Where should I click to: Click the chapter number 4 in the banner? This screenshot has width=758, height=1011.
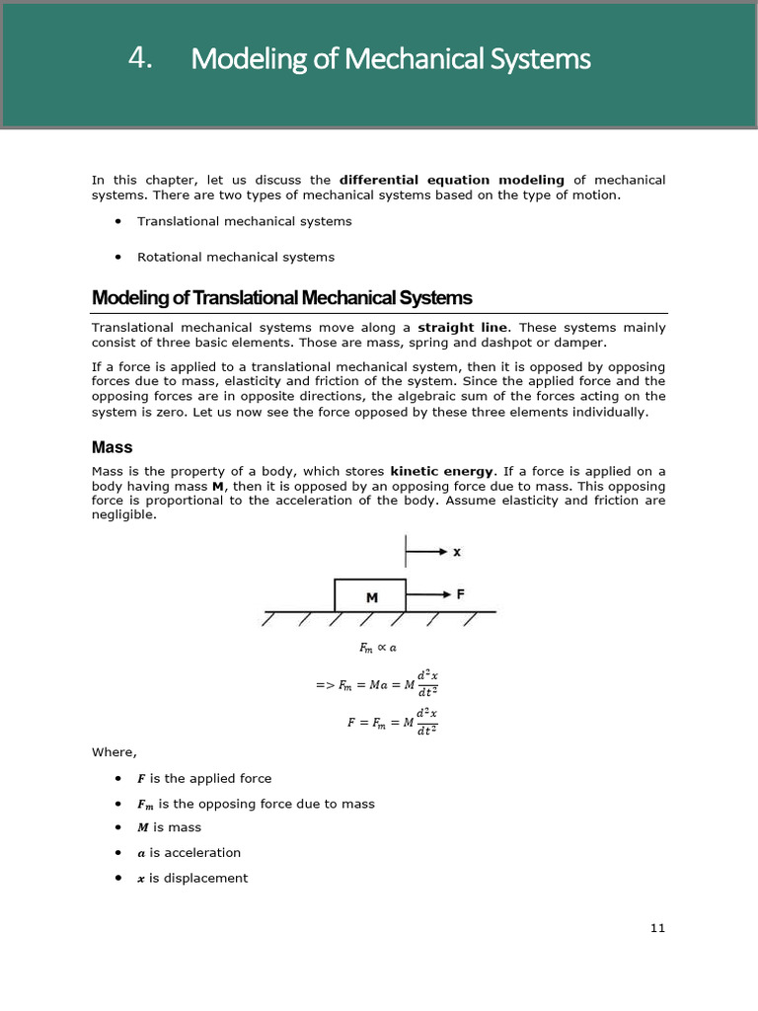[139, 59]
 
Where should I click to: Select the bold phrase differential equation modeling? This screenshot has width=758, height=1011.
[451, 180]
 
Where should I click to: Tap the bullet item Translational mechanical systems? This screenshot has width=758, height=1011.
[244, 221]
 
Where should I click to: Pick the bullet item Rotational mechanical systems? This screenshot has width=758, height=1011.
[235, 257]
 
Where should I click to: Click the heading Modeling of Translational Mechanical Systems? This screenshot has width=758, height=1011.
[281, 298]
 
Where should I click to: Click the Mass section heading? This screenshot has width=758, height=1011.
[112, 447]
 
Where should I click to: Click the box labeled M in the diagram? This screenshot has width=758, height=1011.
[370, 596]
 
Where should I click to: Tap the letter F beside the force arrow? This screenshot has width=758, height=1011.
[460, 594]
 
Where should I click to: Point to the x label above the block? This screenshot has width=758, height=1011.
[457, 553]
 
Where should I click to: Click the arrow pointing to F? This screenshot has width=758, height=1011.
[426, 595]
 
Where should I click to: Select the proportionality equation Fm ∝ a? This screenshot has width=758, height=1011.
[377, 649]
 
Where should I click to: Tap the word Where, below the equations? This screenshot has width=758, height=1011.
[114, 753]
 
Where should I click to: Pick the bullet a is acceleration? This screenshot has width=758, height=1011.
[189, 852]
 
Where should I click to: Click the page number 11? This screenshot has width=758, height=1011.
[658, 928]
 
